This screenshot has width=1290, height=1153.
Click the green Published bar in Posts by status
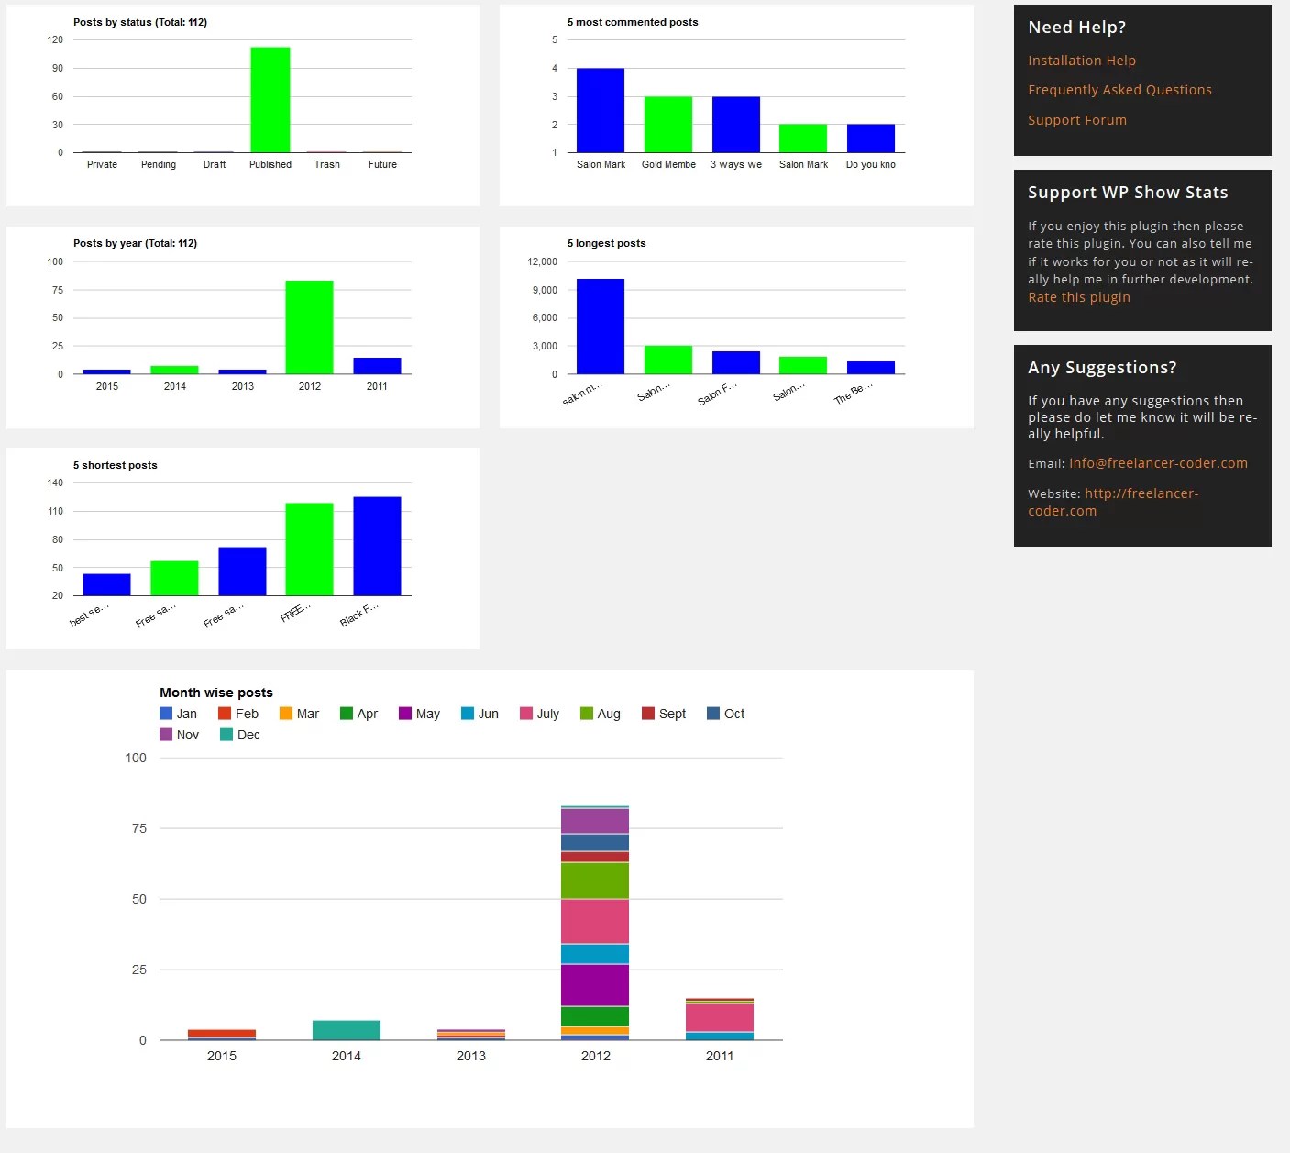[270, 100]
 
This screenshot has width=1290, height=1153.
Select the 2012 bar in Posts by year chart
[309, 327]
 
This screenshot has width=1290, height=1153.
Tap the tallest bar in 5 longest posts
[601, 327]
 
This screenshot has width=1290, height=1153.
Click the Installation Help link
[1081, 61]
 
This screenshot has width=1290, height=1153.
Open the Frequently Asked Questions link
[1119, 90]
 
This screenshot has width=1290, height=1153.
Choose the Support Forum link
[1076, 120]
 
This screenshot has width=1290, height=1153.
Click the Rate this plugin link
[1078, 297]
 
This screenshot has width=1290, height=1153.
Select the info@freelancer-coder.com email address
[1158, 463]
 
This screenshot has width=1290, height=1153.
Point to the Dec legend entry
[240, 735]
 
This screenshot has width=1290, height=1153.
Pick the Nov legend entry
[180, 735]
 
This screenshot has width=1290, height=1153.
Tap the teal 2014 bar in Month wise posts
[347, 1030]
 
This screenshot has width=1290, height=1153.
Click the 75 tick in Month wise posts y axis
[139, 828]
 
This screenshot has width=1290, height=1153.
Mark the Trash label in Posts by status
[327, 165]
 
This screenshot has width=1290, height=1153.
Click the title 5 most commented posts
[632, 22]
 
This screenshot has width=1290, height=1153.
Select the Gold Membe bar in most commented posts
[668, 125]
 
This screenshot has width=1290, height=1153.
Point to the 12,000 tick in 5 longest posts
[542, 261]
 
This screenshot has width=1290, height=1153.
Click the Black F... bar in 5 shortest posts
[377, 547]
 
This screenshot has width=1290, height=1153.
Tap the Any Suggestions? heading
[1101, 368]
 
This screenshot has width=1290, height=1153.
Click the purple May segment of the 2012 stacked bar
[595, 985]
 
